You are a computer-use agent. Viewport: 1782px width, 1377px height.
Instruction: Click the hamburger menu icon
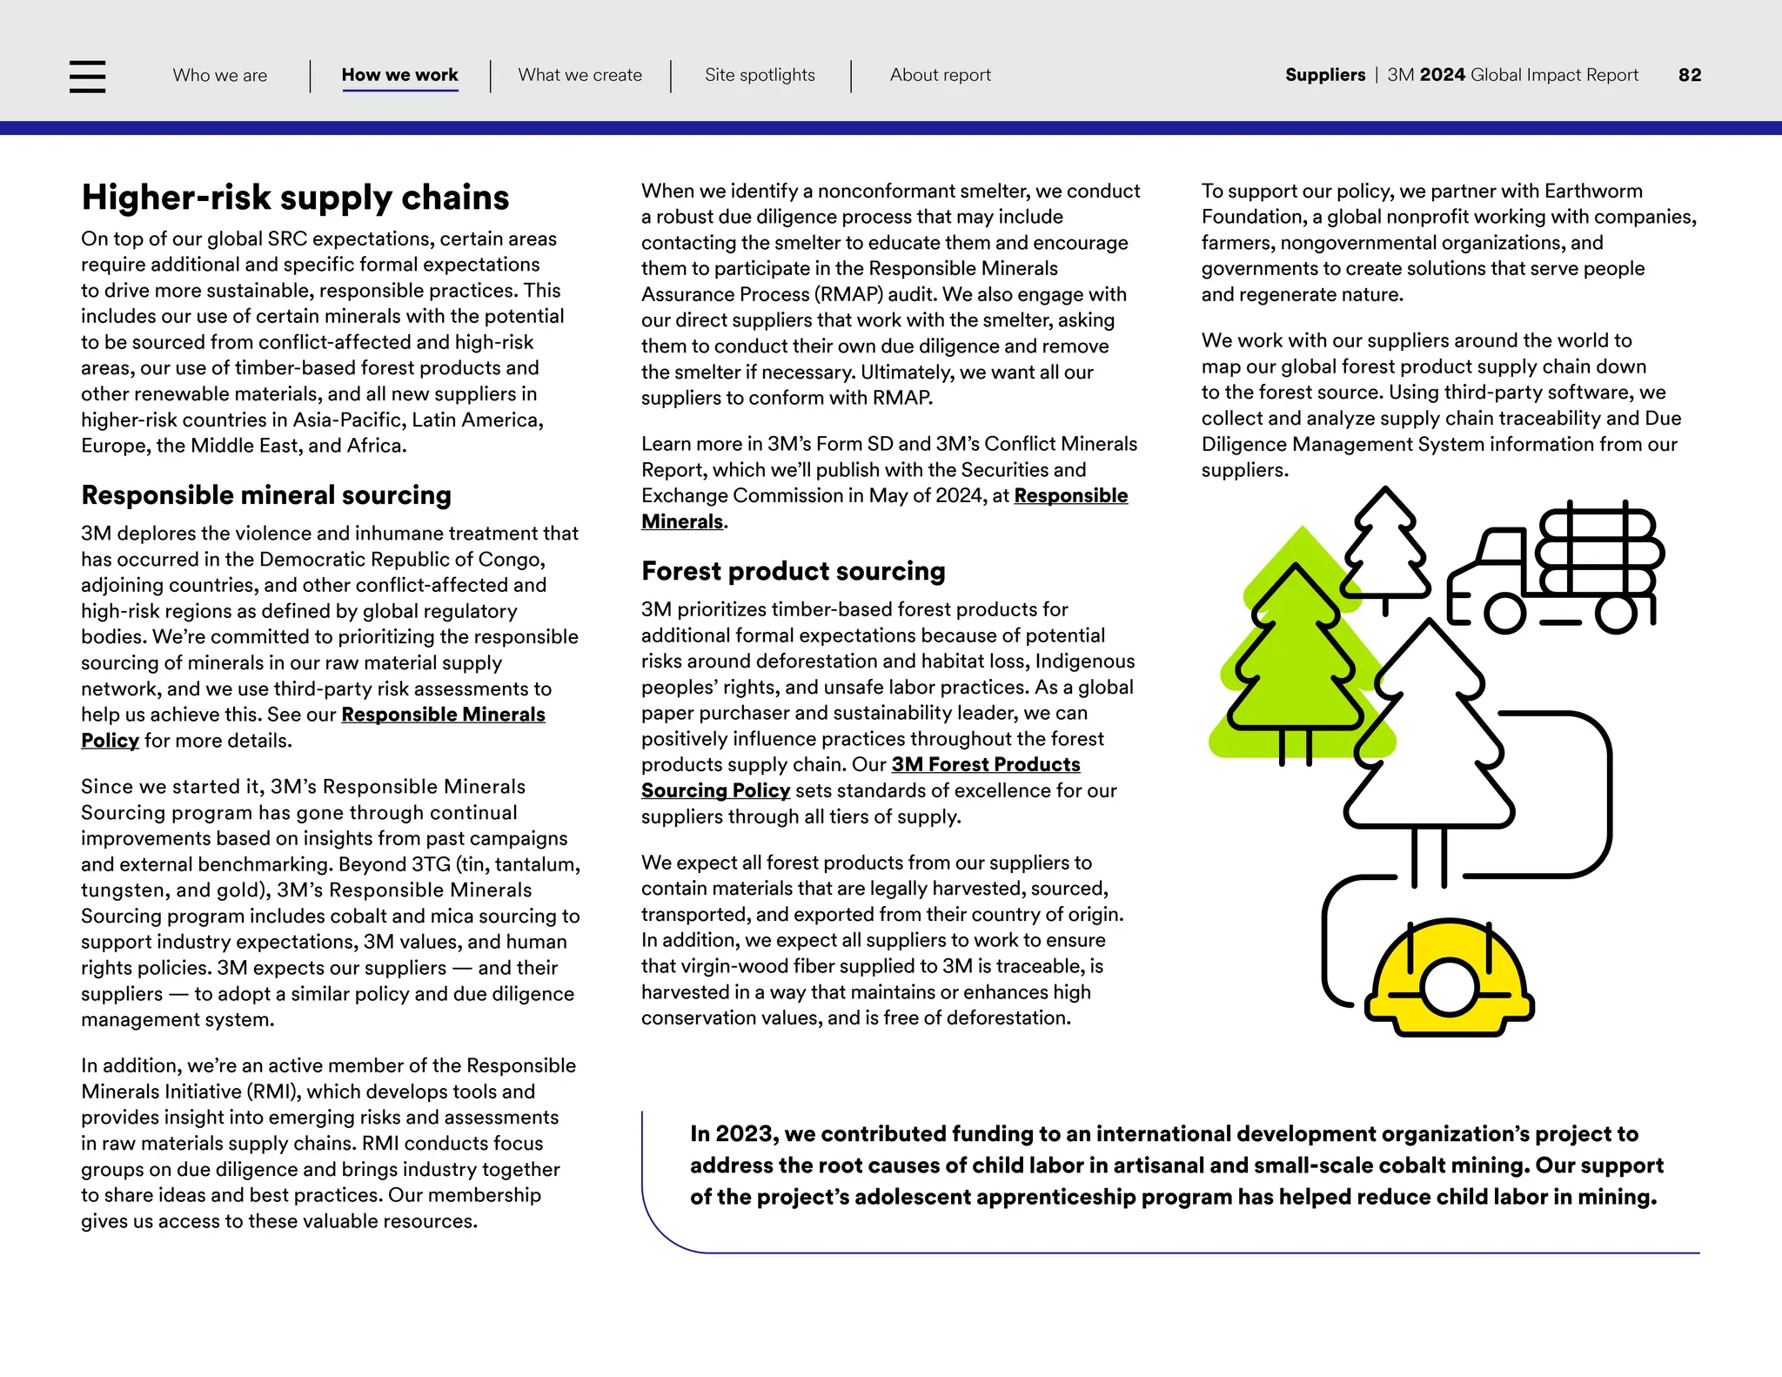coord(87,77)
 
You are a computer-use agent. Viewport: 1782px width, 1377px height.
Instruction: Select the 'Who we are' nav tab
coord(220,75)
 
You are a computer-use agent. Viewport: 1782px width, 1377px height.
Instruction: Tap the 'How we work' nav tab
coord(399,75)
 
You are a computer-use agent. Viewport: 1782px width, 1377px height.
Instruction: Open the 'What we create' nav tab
coord(579,75)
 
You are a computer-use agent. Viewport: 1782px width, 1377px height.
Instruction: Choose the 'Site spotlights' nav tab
coord(760,75)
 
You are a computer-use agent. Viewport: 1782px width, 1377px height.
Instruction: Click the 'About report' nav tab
coord(940,75)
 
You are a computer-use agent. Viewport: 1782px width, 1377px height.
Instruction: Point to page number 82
coord(1689,75)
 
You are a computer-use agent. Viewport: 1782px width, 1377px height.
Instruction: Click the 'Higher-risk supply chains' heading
coord(295,198)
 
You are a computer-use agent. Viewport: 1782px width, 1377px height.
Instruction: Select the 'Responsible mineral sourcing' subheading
coord(266,495)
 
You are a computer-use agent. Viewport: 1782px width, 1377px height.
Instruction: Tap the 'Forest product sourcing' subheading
coord(793,571)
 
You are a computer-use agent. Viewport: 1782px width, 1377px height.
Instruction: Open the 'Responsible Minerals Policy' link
coord(443,715)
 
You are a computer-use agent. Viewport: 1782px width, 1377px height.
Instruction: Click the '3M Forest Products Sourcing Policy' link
coord(985,765)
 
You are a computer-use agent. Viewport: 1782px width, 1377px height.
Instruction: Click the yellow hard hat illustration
coord(1449,979)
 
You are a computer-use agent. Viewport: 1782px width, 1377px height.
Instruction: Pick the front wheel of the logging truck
coord(1504,613)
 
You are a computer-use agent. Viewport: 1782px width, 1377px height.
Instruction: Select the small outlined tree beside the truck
coord(1385,548)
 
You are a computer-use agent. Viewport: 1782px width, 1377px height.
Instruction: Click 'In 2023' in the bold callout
coord(732,1134)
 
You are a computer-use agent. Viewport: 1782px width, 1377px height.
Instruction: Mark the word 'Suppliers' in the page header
coord(1324,75)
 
